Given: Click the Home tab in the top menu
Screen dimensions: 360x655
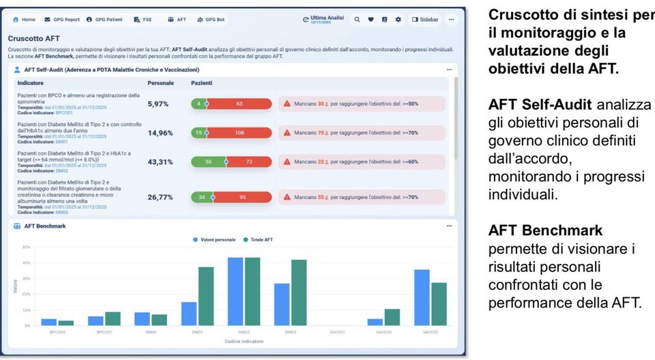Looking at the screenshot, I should tap(25, 20).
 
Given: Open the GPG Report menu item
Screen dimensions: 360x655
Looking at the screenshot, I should tap(61, 20).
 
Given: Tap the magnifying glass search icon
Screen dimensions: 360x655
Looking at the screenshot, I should tap(357, 20).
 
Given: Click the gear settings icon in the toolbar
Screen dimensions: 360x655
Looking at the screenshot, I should tap(398, 20).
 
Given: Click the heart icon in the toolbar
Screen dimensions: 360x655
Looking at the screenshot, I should tap(370, 20).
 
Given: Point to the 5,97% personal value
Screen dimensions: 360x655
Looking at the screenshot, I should tap(158, 104).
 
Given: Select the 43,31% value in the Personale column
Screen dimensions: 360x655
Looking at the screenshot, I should tap(160, 162).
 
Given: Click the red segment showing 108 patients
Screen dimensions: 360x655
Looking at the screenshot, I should tap(239, 133).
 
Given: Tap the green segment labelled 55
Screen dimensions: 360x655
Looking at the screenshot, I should tap(208, 162).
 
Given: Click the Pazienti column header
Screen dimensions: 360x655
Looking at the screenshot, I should tap(201, 82).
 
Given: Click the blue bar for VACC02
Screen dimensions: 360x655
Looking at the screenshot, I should tap(422, 298).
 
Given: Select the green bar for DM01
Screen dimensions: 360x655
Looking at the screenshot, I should tap(206, 297).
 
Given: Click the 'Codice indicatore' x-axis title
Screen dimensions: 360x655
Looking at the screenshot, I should tap(244, 340).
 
